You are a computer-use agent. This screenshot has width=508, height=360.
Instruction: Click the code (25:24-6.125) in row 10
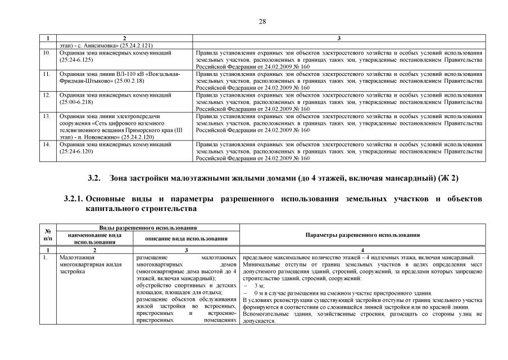78,59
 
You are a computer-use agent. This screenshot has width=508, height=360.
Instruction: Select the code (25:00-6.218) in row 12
78,102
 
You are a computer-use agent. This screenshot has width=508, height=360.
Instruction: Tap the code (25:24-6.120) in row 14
78,151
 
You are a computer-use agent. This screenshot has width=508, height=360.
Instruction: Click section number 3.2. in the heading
94,178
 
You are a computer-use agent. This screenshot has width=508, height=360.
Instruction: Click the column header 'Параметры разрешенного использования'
362,235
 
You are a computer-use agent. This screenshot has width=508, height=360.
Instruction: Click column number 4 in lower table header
362,249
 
